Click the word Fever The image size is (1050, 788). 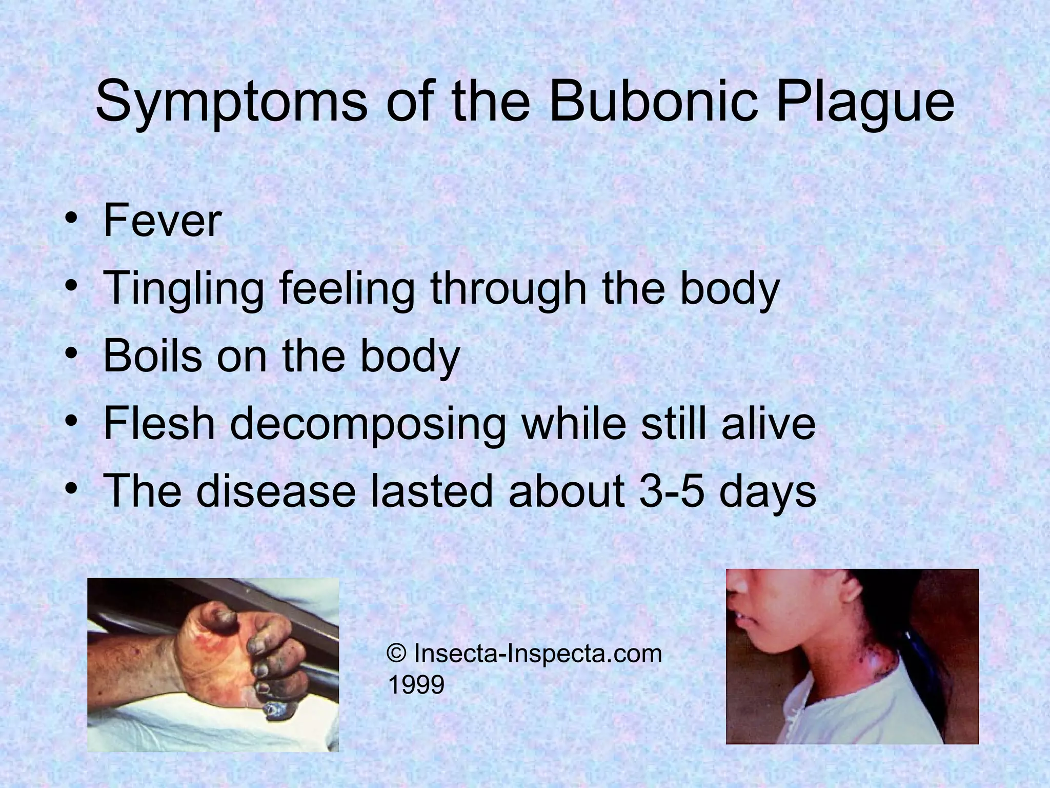(x=162, y=221)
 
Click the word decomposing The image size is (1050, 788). (x=368, y=425)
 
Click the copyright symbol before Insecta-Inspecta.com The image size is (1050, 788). (x=396, y=654)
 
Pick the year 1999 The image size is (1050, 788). (x=416, y=684)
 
